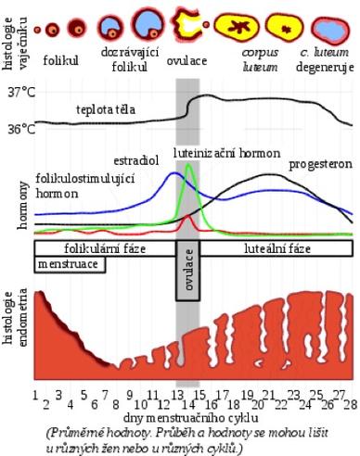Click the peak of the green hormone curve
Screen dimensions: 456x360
(189, 165)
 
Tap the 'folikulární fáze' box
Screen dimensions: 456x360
(105, 249)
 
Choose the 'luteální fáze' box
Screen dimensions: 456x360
(276, 249)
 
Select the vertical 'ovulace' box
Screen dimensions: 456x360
(186, 272)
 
